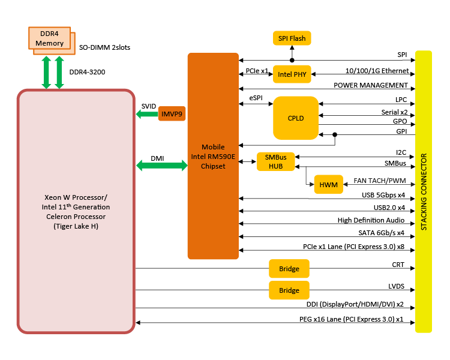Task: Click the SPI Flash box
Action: tap(292, 39)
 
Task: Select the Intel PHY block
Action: tap(292, 75)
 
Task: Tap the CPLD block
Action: tap(295, 118)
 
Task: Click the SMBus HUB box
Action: tap(276, 161)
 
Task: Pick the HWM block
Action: tap(328, 185)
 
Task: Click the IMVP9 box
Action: tap(172, 113)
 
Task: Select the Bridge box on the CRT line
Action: tap(289, 269)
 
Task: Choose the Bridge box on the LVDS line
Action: tap(289, 290)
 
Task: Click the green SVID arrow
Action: tap(146, 113)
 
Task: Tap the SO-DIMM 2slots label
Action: tap(105, 47)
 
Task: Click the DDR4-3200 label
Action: tap(87, 72)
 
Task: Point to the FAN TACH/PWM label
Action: tap(379, 181)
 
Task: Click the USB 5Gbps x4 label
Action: tap(382, 194)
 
